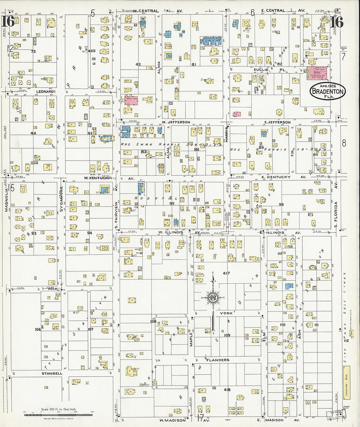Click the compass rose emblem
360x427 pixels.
coord(213,297)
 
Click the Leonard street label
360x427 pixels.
coord(45,92)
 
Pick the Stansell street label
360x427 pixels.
coord(52,373)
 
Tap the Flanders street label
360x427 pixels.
coord(218,360)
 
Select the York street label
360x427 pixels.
coord(226,313)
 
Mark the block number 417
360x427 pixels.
coord(226,273)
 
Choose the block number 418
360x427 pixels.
coord(227,390)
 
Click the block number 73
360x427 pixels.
coord(33,51)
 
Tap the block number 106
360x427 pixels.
coord(38,329)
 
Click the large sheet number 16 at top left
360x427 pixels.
coord(8,22)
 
